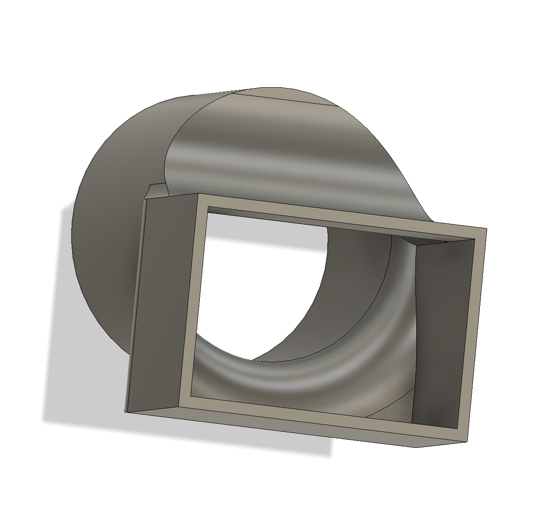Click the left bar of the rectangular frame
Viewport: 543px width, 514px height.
(191, 301)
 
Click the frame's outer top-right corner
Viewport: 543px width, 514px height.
(486, 229)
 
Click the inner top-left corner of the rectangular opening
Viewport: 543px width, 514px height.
(208, 207)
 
